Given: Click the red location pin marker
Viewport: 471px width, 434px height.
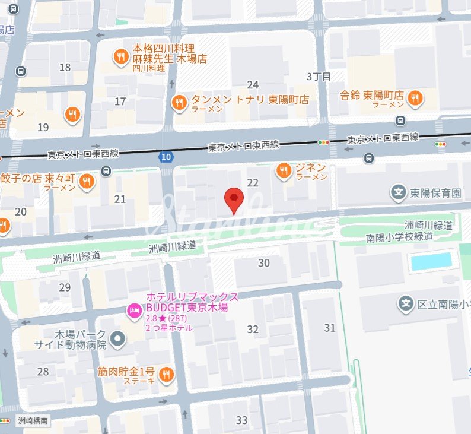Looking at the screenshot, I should point(234,200).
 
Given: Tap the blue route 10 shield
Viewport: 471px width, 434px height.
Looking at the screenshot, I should point(166,157).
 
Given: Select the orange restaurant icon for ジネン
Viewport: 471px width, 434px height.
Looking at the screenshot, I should point(284,171).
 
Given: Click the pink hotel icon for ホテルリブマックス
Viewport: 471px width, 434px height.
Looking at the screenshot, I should point(135,310).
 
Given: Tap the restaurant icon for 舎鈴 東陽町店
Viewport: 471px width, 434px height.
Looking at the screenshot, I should point(415,99).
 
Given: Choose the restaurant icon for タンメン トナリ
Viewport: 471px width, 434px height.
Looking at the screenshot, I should point(179,103).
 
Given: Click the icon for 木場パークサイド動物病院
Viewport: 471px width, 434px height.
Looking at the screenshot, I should point(119,339).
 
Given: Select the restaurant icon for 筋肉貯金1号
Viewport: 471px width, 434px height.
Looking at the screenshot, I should point(166,375).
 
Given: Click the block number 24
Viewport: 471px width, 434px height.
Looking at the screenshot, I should point(253,84).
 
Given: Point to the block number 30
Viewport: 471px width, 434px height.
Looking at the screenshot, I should point(264,263).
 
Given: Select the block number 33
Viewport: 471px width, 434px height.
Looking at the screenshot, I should point(241,420).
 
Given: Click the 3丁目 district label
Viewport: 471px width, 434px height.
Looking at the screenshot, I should point(318,76).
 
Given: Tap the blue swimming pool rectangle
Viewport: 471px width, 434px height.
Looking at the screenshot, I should point(431,261).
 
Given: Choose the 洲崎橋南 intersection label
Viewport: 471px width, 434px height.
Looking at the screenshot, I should point(33,421).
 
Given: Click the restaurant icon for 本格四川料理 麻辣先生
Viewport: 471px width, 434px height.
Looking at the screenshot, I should point(121,57).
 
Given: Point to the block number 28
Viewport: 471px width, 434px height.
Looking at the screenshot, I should point(43,372).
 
